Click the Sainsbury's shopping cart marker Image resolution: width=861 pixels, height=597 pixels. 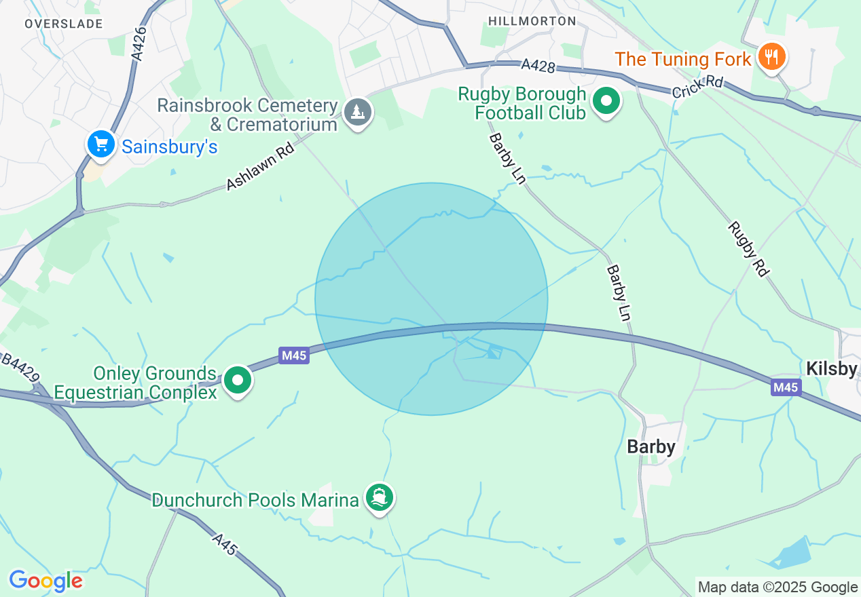pos(101,145)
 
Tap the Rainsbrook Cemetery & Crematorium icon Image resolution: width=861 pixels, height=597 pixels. pos(357,111)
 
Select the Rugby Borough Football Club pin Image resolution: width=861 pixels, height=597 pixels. pos(606,102)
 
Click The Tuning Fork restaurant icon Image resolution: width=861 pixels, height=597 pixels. pos(771,57)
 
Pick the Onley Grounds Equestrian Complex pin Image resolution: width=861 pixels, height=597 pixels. pos(238,381)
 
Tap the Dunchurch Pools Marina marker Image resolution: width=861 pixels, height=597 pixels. pos(379,499)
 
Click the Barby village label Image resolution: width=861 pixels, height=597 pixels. pos(651,446)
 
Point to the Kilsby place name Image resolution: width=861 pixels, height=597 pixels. pos(832,369)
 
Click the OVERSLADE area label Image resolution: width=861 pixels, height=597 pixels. pos(63,24)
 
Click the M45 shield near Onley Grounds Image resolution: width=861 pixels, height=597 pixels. pos(294,355)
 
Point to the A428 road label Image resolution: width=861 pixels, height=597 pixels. pos(538,66)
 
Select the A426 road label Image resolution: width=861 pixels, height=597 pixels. pos(139,44)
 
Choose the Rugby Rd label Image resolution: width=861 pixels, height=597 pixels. pos(748,249)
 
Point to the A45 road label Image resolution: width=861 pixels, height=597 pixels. pos(225,544)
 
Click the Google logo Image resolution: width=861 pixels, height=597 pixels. pos(45,581)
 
